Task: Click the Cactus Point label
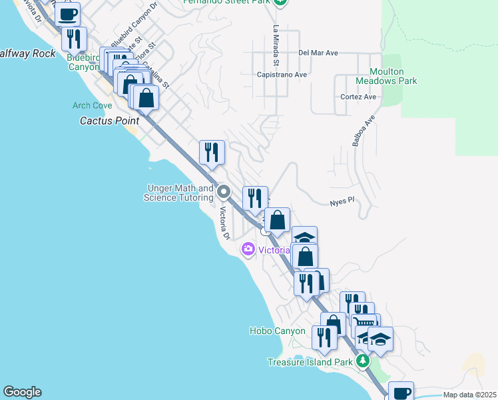coord(110,121)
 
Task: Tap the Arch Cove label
coord(93,106)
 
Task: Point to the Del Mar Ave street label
coord(318,53)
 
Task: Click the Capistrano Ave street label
coord(282,75)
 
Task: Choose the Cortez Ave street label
coord(359,97)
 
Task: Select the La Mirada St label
coord(276,40)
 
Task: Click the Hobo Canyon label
coord(277,331)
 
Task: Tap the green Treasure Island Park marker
coord(362,361)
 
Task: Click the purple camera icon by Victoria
coord(248,249)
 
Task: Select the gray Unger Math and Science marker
coord(224,193)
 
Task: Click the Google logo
coord(22,392)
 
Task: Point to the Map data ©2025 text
coord(469,395)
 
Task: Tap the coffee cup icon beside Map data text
coord(401,392)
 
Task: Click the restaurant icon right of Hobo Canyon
coord(324,337)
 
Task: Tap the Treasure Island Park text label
coord(310,362)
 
